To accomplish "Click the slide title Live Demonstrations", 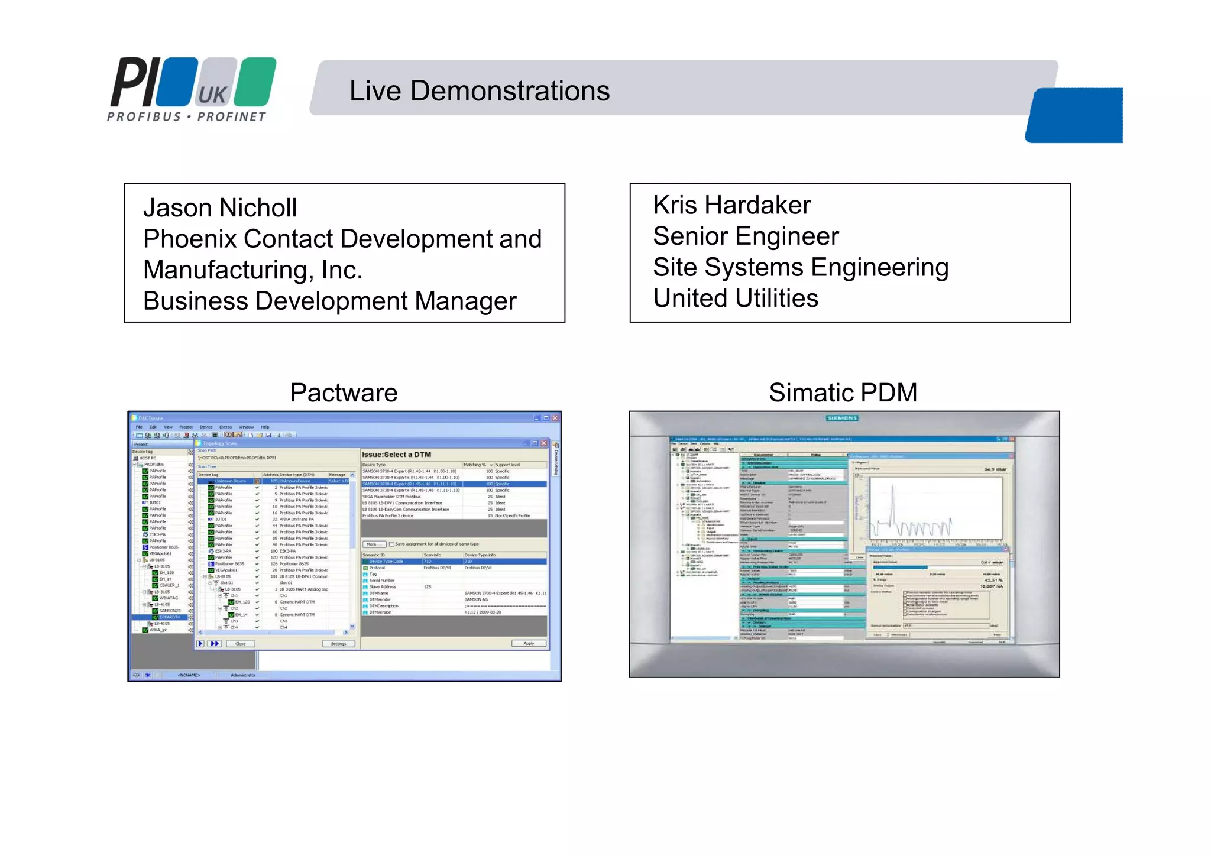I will (x=479, y=91).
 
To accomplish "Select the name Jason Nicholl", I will (x=220, y=208).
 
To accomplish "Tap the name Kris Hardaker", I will (x=731, y=205).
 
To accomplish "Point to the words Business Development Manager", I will (x=330, y=301).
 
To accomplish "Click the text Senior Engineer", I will (x=746, y=236).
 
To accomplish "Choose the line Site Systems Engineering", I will (x=801, y=267).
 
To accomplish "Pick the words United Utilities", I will (x=736, y=299).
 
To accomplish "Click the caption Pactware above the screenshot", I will (x=344, y=393).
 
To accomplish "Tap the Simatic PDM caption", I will (x=843, y=393).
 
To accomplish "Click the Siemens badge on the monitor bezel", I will (x=842, y=418).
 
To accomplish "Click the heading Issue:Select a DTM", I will (x=396, y=455).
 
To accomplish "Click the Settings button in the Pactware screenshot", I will (x=338, y=644).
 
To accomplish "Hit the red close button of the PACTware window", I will (x=555, y=418).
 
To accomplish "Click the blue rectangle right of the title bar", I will (x=1074, y=115).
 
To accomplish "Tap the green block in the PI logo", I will (x=255, y=82).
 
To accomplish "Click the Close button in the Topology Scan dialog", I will (x=240, y=644).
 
